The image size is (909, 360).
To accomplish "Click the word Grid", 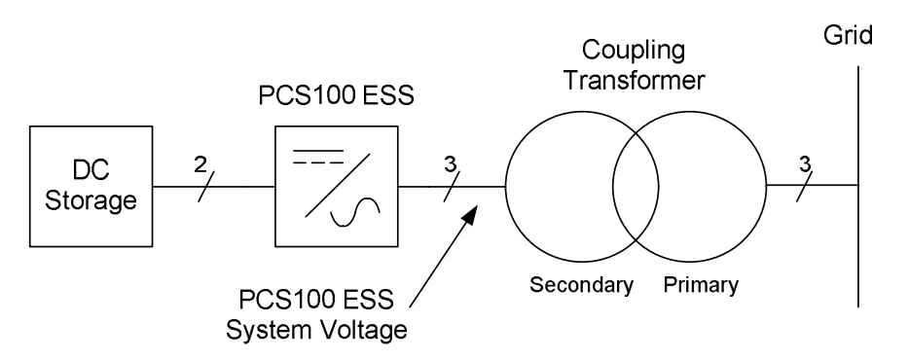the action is click(848, 36).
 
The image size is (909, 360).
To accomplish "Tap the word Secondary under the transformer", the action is click(581, 285).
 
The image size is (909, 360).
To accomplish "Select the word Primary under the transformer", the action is click(701, 285).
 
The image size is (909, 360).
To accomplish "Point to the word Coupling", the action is click(633, 52).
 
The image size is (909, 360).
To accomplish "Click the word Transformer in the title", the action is click(635, 81).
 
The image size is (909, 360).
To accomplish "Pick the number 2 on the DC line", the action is click(200, 165).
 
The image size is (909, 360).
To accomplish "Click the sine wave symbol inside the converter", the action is click(355, 213).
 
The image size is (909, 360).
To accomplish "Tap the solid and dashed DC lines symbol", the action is click(317, 156).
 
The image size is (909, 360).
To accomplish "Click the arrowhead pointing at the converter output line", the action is click(471, 213).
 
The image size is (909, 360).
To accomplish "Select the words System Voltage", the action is click(316, 330).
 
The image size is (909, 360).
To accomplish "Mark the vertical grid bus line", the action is click(858, 187).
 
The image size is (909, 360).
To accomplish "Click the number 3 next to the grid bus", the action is click(805, 165).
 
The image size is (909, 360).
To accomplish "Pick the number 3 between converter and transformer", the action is click(451, 165).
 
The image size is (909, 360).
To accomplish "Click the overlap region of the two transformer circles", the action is click(636, 187).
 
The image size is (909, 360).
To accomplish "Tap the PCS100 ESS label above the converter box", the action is click(336, 95).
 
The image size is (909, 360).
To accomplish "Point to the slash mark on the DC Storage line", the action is click(207, 187).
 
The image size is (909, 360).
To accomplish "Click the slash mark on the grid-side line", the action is click(805, 187).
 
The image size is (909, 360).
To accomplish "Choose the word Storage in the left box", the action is click(91, 201).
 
